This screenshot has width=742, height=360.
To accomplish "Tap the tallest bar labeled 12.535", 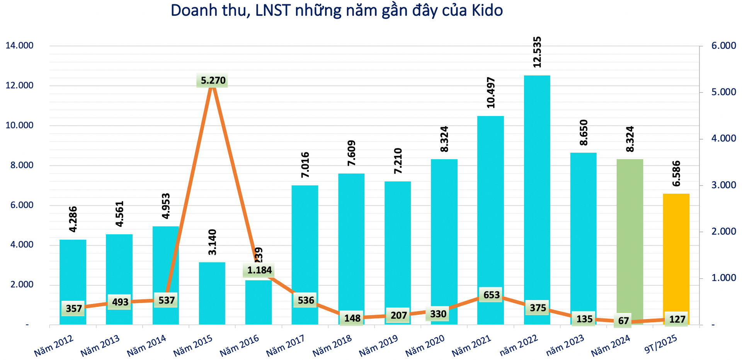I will (x=537, y=193).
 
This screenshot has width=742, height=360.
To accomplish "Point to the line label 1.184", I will (x=259, y=270).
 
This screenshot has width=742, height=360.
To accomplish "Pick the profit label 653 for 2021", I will (x=492, y=295).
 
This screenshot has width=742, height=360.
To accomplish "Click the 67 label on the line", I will (x=623, y=321).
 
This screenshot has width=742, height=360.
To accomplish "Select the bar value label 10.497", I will (x=490, y=93).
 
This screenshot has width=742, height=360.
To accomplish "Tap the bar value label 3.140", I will (x=212, y=242).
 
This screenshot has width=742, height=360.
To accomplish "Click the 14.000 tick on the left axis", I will (x=20, y=46).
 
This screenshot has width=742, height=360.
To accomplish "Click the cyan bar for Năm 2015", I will (x=212, y=294).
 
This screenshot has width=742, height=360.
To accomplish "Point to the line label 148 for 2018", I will (x=352, y=318).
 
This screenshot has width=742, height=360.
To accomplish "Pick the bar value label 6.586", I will (x=676, y=174).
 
